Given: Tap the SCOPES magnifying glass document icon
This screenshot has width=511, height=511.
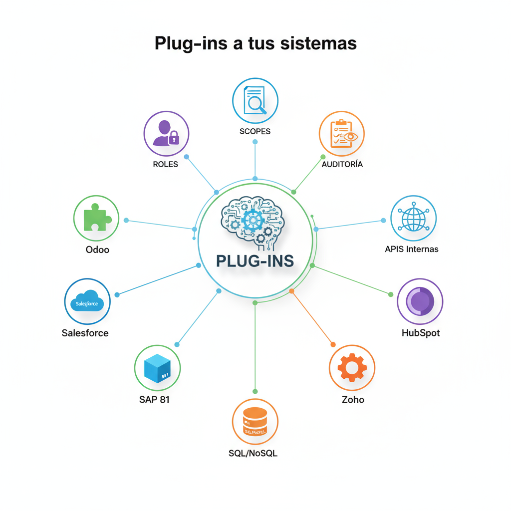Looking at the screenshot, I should point(255,100).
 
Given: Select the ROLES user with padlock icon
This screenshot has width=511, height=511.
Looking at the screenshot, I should point(166,134).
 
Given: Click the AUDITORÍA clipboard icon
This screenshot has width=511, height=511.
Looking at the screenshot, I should point(342,134).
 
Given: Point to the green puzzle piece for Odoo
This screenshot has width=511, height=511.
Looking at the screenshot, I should point(96,218).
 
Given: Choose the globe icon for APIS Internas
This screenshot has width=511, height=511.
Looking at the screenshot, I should point(413,218).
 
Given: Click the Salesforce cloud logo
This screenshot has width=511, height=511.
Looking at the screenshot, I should point(87,301).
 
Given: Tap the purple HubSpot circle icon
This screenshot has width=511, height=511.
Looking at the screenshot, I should point(420,301).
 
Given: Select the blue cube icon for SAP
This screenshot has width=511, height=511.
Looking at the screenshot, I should point(157,368).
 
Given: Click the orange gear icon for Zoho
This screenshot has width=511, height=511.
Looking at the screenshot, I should point(352,368).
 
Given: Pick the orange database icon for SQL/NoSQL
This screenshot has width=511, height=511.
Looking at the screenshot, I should point(255,422).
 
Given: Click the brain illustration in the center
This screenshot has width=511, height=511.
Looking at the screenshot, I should point(254,221).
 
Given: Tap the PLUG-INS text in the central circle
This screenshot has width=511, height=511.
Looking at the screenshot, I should point(255,260).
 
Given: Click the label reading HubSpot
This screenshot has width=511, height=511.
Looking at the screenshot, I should point(421,333).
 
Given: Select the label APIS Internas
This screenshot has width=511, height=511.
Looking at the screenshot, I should point(412,249).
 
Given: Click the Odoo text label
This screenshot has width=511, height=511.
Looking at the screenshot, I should point(97,250).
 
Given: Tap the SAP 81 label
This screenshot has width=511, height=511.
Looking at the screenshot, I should point(154,399).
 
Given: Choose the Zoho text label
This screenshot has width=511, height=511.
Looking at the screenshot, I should point(353,399).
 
